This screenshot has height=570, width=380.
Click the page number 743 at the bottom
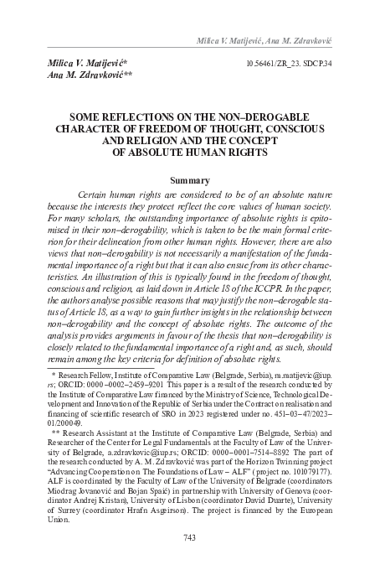click(x=189, y=538)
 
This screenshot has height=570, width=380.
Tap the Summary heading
click(x=189, y=179)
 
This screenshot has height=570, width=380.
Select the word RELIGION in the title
click(x=160, y=141)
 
